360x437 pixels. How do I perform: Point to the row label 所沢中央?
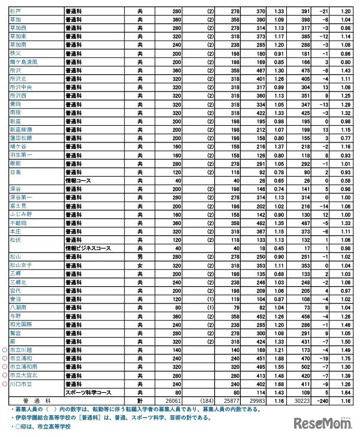[22, 87]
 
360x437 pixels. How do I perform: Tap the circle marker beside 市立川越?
[5, 350]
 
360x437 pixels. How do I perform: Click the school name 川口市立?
[22, 384]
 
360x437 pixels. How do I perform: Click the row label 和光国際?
[22, 324]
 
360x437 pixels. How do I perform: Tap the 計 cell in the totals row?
[140, 400]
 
